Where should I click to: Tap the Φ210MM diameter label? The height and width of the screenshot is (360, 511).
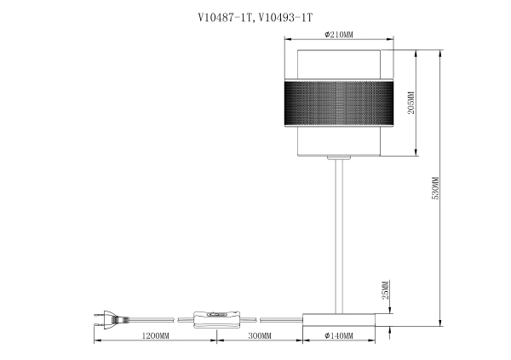(340, 35)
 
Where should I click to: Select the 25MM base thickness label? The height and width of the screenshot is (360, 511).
(385, 292)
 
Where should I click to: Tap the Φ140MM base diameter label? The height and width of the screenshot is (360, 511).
(339, 337)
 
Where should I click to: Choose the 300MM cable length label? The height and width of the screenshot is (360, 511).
(259, 337)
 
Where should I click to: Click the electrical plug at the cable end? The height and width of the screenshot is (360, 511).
(108, 319)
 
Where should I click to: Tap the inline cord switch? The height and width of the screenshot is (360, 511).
(217, 318)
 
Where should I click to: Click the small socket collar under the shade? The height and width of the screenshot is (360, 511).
(339, 159)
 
